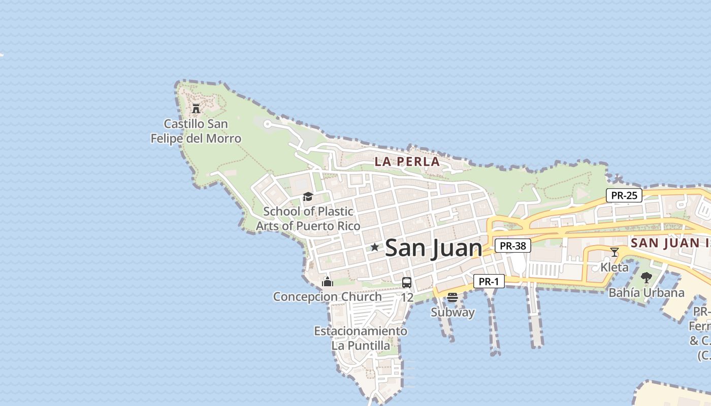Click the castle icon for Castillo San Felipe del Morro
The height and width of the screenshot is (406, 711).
pos(196,108)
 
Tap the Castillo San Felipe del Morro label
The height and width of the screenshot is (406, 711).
pos(196,131)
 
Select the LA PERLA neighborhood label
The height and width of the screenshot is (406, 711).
pos(407,162)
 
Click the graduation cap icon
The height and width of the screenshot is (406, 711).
pos(308,197)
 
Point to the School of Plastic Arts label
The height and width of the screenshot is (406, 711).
pos(308,219)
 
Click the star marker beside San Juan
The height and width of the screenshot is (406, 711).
pos(375,247)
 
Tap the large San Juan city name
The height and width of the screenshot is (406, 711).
pos(433,248)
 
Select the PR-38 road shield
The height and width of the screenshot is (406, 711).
pos(513,246)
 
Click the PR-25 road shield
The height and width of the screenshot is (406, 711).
pos(624,195)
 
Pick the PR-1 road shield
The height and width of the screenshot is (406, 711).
pos(489,281)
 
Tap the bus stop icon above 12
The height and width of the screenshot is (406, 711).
pos(407,283)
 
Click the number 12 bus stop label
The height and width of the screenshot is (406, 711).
pos(407,297)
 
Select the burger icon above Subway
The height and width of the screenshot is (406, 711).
pos(453,297)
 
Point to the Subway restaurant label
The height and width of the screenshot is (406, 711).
pos(453,312)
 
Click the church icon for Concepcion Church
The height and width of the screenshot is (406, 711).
pos(328,281)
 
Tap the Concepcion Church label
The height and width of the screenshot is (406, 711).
pos(328,297)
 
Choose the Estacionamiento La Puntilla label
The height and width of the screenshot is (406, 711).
pos(361,339)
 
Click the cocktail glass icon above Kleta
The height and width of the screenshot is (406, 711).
pos(615,252)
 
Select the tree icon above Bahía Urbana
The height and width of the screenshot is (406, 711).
pos(647,278)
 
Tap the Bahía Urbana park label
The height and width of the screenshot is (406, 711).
pos(647,293)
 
